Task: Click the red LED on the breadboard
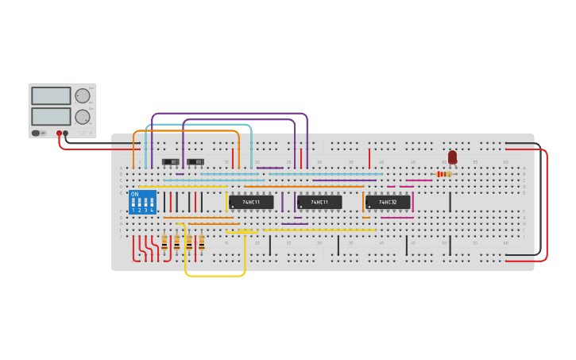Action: tap(452, 157)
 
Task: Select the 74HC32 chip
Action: tap(388, 202)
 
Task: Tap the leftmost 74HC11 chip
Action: tap(251, 202)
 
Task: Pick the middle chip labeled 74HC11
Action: tap(319, 202)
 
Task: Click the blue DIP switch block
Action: tap(142, 202)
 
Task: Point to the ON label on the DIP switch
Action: tap(134, 194)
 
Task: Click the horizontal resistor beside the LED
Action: tap(443, 174)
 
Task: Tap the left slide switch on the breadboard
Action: tap(171, 161)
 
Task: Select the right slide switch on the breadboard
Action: tap(195, 161)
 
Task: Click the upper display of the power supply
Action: tap(51, 95)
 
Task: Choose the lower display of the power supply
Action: tap(51, 116)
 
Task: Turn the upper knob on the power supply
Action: tap(82, 95)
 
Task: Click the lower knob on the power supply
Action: tap(82, 117)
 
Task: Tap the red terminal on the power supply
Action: tap(59, 134)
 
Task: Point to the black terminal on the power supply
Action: tap(65, 134)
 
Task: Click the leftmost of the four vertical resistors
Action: tap(164, 242)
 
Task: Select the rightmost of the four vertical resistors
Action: tap(201, 242)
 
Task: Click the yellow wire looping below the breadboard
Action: tap(215, 276)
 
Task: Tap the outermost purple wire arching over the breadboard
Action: tap(230, 114)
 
